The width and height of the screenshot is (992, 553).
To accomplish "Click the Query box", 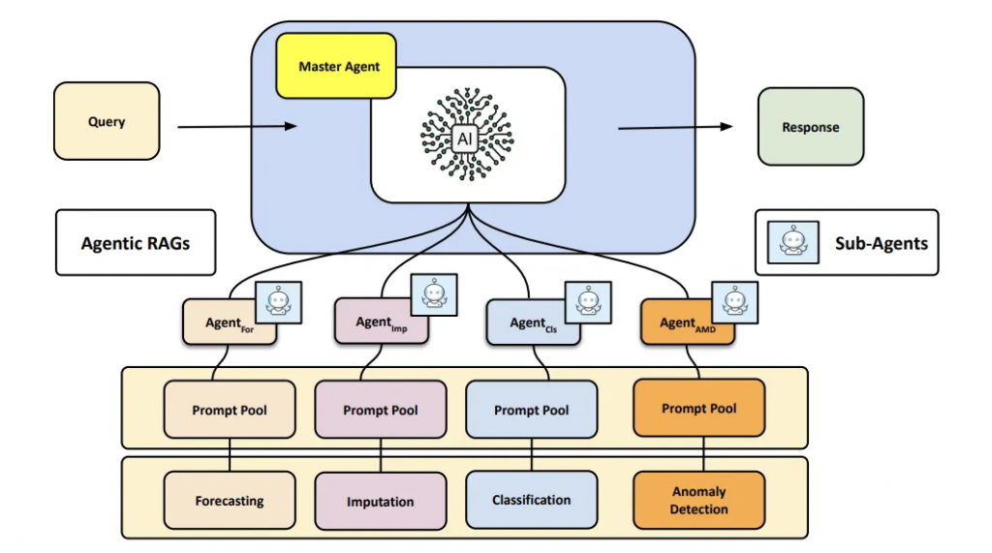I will click(x=107, y=121).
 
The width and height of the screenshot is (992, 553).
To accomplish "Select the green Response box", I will click(x=810, y=127).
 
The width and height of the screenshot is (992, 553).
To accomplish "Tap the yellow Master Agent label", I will click(x=336, y=67).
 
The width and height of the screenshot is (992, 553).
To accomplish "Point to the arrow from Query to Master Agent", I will click(x=236, y=126).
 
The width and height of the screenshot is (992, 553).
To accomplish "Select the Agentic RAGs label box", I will click(x=136, y=242).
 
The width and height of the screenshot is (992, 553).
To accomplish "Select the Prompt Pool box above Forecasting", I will click(x=230, y=411).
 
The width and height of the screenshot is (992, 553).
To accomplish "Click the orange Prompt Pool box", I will click(x=698, y=409).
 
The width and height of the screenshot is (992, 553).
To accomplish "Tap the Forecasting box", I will click(x=230, y=502).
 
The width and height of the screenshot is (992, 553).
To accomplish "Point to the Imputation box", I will click(x=381, y=502).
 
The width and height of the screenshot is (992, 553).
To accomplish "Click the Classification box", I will click(x=532, y=500).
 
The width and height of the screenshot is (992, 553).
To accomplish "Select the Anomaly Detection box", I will click(x=698, y=500).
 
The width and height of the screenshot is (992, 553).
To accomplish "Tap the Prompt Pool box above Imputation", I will click(x=381, y=411).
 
